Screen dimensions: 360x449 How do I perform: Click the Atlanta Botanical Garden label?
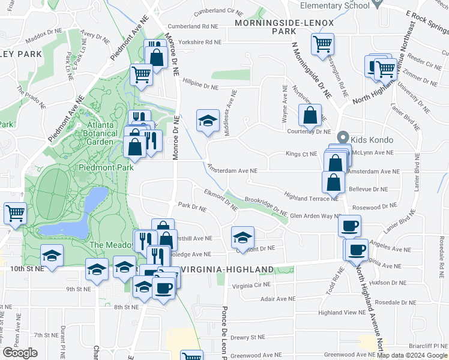[91, 133]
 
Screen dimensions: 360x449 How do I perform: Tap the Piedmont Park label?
[106, 168]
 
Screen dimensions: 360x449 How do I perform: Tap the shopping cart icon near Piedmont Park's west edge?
[15, 212]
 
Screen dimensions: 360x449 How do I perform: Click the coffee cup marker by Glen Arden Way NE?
[349, 225]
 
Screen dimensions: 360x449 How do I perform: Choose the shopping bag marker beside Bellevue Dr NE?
[333, 181]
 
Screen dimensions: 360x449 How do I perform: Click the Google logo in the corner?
[20, 353]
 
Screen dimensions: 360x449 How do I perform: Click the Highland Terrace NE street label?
[312, 198]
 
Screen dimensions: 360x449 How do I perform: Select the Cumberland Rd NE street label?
[193, 26]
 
